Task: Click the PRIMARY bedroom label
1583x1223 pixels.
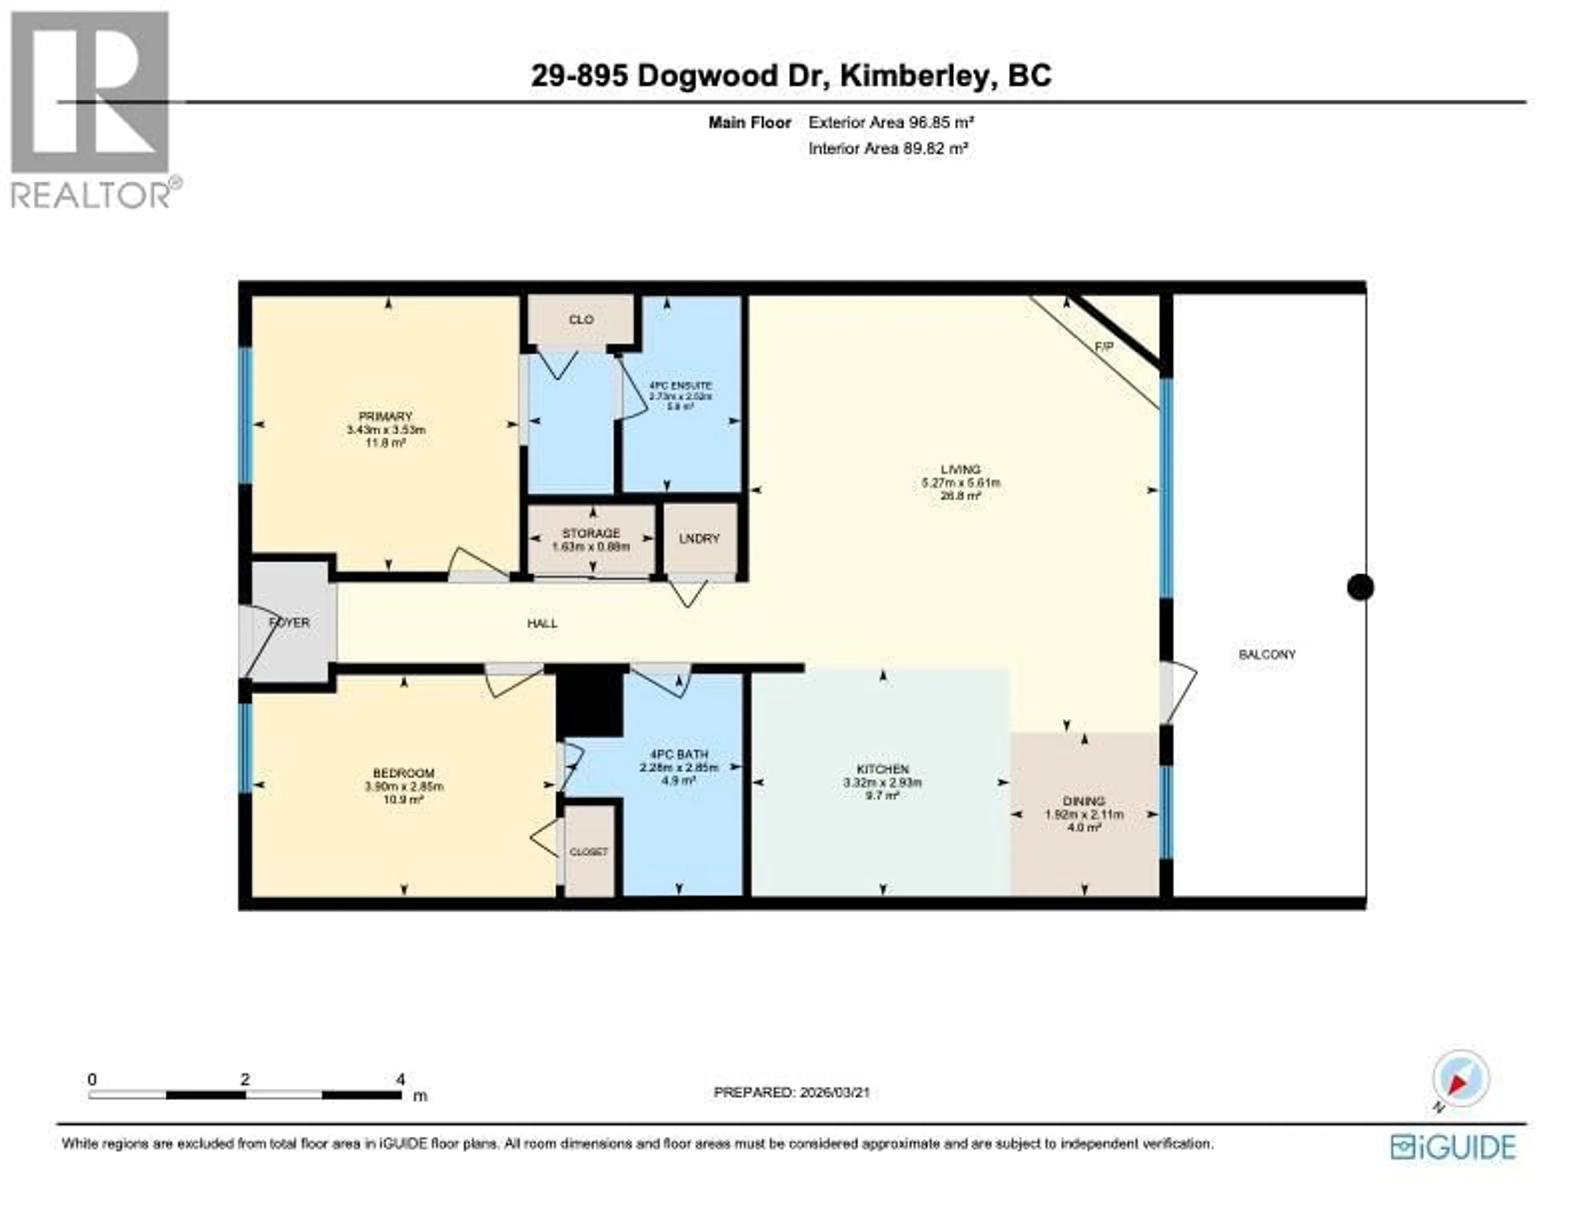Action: [385, 417]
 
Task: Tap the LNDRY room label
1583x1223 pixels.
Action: [700, 539]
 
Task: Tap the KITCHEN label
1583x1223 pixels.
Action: [882, 769]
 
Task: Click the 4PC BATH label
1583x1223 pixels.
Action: [679, 754]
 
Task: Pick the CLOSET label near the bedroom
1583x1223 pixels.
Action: [589, 852]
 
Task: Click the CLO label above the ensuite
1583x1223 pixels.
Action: [581, 320]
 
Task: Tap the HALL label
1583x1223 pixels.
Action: [542, 624]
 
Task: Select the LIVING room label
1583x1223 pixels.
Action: [961, 469]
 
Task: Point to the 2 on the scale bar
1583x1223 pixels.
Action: [245, 1080]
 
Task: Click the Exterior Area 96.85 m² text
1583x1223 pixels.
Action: [891, 122]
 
